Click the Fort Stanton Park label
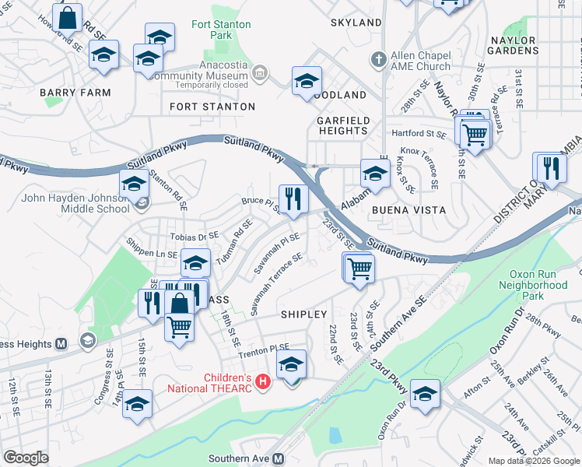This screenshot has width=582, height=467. (221, 30)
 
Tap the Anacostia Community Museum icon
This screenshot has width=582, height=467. (261, 74)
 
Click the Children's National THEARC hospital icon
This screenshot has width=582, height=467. (263, 382)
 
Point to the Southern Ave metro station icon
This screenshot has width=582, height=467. (279, 459)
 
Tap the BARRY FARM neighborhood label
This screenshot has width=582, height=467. (75, 92)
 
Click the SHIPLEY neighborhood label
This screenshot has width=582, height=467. (303, 314)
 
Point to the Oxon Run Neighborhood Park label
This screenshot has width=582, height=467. (538, 285)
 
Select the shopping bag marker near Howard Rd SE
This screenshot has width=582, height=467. (68, 16)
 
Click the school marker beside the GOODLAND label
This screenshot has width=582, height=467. (307, 80)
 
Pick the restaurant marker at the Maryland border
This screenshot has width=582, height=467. (551, 167)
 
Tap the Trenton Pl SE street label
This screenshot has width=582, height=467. (263, 349)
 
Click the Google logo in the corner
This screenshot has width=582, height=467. (26, 458)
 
